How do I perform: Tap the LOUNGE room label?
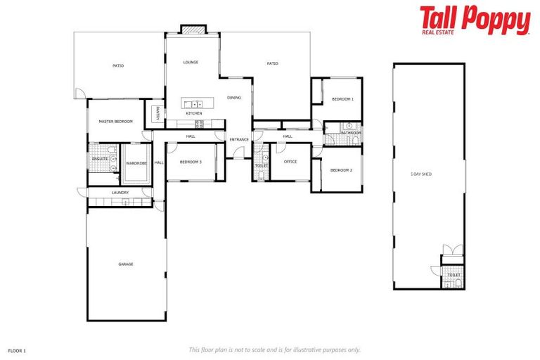(191, 63)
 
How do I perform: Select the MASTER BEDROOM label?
(116, 122)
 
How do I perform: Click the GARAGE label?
(126, 264)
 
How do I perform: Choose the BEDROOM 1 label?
(342, 99)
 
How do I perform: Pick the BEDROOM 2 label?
(341, 169)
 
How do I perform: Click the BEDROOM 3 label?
(191, 162)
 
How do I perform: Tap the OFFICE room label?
(290, 162)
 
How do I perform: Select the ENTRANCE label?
(239, 139)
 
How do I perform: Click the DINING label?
(234, 98)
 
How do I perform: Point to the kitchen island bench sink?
(196, 104)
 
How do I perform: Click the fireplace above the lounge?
(193, 30)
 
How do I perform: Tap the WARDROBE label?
(136, 164)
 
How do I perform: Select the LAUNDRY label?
(120, 193)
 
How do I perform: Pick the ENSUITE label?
(100, 160)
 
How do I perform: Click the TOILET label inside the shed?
(454, 275)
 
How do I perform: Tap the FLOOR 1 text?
(17, 349)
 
